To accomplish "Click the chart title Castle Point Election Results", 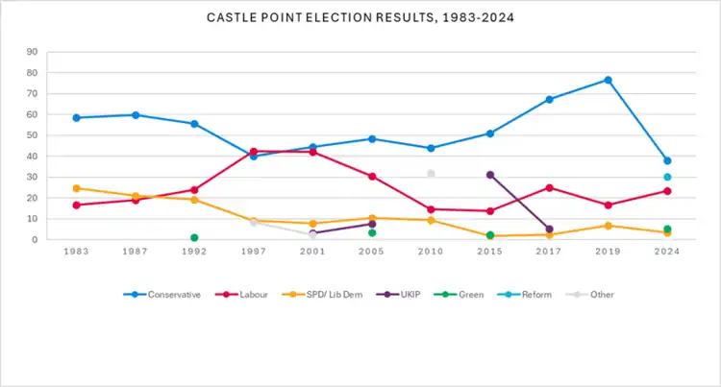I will (x=360, y=17).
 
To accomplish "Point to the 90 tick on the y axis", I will (x=33, y=52).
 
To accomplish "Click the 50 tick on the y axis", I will (x=33, y=135).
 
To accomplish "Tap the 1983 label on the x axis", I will (x=76, y=252).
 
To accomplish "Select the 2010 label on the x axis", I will (x=431, y=252).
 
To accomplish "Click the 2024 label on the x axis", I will (x=667, y=252).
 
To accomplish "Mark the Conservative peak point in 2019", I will (x=608, y=80).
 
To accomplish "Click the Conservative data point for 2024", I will (x=667, y=160).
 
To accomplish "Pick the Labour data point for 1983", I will (x=76, y=205).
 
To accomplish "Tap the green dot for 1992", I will (x=194, y=237).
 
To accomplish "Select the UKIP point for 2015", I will (x=490, y=175).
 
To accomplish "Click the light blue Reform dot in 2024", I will (x=667, y=177).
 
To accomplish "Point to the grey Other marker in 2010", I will (x=431, y=174).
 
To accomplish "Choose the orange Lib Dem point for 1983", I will (x=76, y=188).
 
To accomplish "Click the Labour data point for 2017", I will (x=549, y=187).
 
